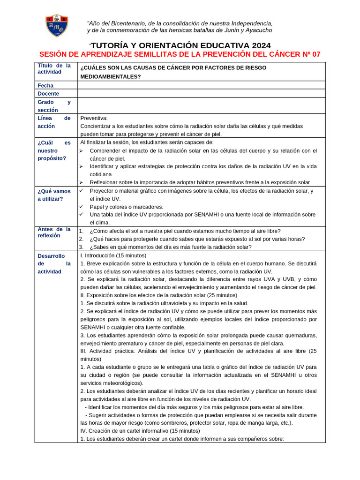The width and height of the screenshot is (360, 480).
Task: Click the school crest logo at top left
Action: tap(57, 25)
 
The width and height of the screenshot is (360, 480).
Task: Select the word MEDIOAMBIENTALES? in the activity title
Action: tap(110, 77)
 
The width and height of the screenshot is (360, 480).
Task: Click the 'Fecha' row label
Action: tap(45, 86)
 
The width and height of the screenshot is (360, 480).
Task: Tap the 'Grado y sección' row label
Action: tap(54, 105)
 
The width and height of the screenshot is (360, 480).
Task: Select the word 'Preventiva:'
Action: tap(94, 118)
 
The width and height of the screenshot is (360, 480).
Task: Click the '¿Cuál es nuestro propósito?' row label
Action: tap(54, 150)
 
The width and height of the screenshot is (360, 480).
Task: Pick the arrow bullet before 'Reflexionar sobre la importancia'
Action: tap(81, 182)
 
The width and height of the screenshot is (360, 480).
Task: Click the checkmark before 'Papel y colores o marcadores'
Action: tap(81, 207)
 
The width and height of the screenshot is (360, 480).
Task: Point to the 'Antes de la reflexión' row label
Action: tap(54, 232)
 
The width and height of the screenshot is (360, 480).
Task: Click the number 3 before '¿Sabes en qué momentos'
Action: tap(81, 247)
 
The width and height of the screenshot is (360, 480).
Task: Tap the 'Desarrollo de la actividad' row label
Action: tap(54, 264)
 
